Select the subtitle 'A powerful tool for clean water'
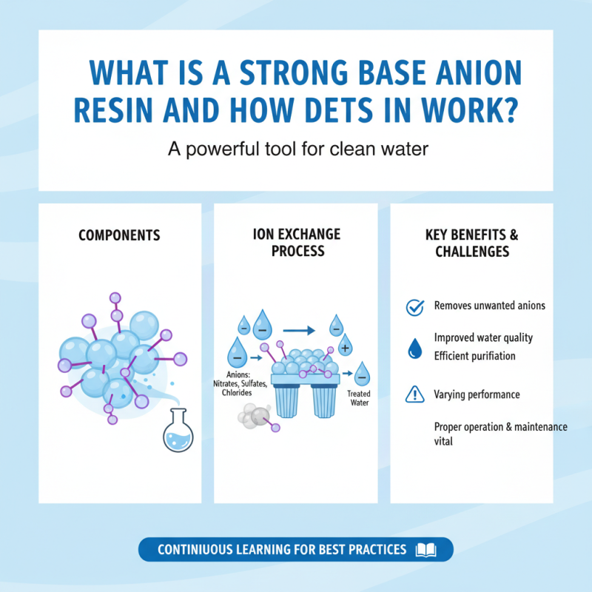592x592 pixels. click(x=298, y=150)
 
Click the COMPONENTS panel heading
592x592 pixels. click(x=118, y=235)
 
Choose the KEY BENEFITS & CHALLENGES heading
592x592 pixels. click(x=472, y=243)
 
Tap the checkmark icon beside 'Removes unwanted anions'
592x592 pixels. click(x=414, y=306)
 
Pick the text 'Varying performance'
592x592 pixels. click(x=477, y=395)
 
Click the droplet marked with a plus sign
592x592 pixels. click(x=345, y=346)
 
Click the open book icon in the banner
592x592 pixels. click(x=427, y=550)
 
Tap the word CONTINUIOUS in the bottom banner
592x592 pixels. click(x=195, y=550)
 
